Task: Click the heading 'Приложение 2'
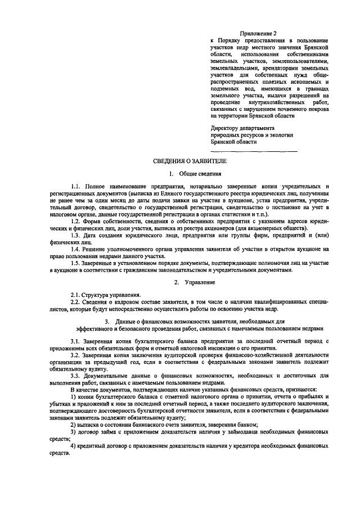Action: [255, 34]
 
